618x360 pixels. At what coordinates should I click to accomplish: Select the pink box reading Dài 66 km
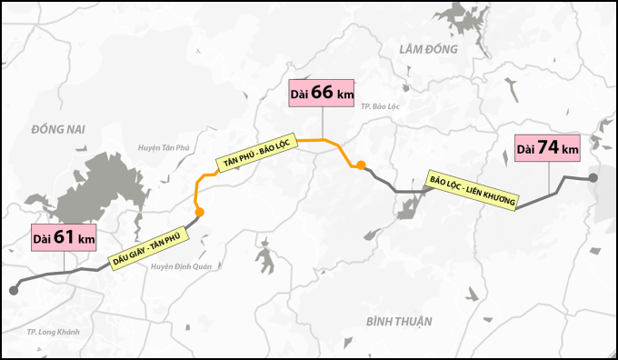(x=322, y=94)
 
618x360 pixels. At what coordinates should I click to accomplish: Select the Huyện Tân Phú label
(x=162, y=147)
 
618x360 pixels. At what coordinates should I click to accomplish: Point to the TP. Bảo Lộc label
(x=380, y=106)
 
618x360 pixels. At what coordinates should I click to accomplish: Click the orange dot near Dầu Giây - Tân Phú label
(x=199, y=212)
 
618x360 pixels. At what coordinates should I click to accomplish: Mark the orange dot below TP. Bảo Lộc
(x=361, y=165)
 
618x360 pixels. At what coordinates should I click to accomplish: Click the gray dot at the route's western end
(x=14, y=290)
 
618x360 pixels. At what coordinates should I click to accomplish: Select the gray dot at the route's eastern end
(x=593, y=178)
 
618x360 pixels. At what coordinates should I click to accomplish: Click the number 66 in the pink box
(x=324, y=94)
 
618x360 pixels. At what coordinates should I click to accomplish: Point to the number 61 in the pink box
(x=65, y=237)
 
